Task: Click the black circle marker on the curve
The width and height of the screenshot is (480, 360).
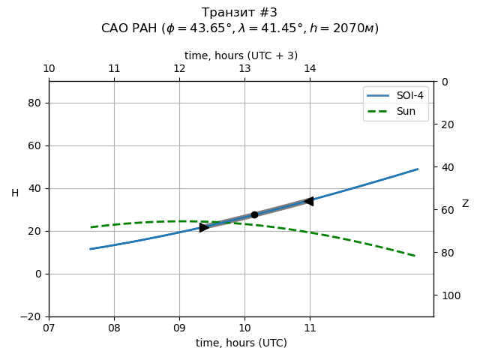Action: pyautogui.click(x=254, y=214)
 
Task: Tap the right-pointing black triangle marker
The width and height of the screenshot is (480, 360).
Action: pyautogui.click(x=204, y=227)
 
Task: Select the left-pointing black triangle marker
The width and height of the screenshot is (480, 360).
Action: pyautogui.click(x=308, y=201)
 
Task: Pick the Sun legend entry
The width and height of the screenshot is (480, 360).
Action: pyautogui.click(x=396, y=111)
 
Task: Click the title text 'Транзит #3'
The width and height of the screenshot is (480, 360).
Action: pyautogui.click(x=240, y=13)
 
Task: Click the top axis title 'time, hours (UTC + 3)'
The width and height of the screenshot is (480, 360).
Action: pyautogui.click(x=241, y=55)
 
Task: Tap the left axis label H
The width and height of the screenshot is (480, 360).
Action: pyautogui.click(x=15, y=193)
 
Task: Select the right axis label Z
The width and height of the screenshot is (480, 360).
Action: pyautogui.click(x=465, y=203)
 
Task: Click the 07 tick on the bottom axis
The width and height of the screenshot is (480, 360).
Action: pyautogui.click(x=49, y=328)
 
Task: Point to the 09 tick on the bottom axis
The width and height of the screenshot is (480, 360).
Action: pyautogui.click(x=179, y=328)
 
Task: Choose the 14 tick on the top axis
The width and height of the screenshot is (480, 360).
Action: pyautogui.click(x=310, y=69)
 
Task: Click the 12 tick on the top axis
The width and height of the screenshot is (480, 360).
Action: pyautogui.click(x=179, y=69)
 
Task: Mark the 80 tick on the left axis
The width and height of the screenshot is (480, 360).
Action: pyautogui.click(x=34, y=103)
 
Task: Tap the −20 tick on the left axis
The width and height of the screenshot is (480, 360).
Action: pyautogui.click(x=31, y=316)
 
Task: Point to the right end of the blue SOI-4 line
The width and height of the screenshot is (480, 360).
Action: pyautogui.click(x=418, y=169)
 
